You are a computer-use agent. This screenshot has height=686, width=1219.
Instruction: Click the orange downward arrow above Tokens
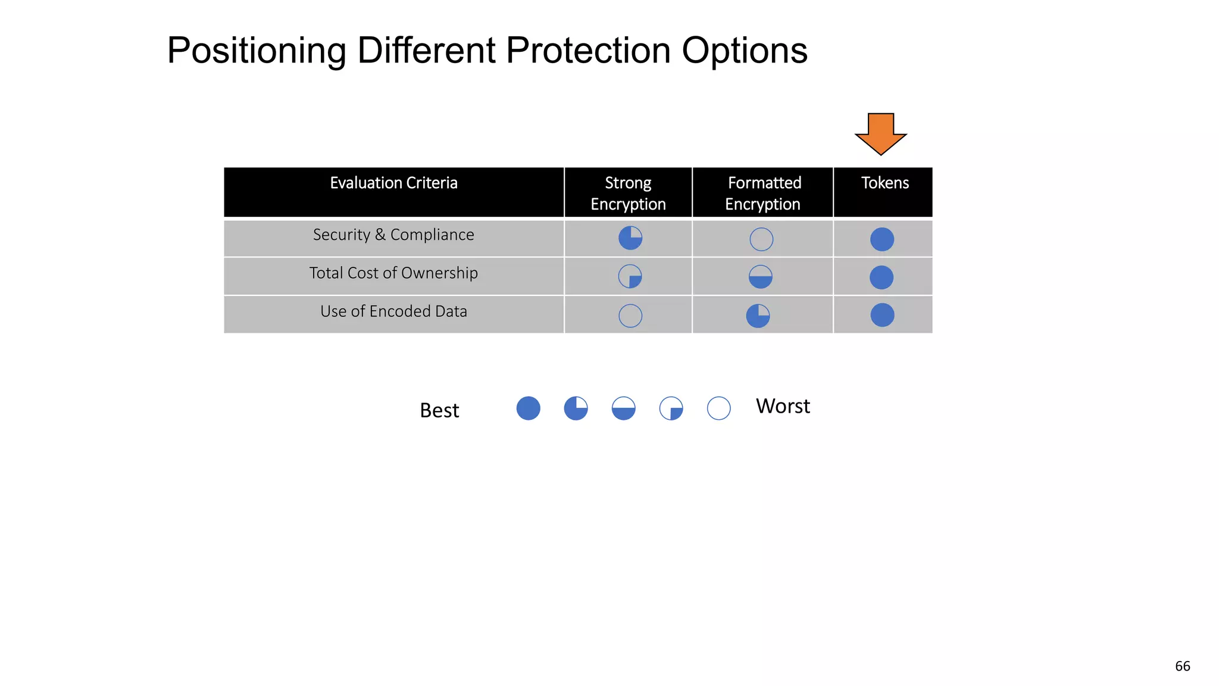pyautogui.click(x=880, y=132)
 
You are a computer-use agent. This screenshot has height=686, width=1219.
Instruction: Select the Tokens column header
pyautogui.click(x=884, y=183)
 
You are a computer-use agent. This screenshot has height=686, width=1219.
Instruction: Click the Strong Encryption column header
pyautogui.click(x=628, y=193)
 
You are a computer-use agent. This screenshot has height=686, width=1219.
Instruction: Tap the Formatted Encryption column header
pyautogui.click(x=764, y=193)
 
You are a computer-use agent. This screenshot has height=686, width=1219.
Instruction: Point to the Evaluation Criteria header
pyautogui.click(x=393, y=183)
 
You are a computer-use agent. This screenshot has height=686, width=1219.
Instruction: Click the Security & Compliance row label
pyautogui.click(x=393, y=235)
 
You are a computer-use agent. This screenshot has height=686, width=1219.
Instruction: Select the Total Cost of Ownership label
pyautogui.click(x=393, y=273)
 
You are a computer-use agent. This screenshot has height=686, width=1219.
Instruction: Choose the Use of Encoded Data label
pyautogui.click(x=393, y=311)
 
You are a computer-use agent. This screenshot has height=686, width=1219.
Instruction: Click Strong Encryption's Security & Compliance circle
pyautogui.click(x=630, y=238)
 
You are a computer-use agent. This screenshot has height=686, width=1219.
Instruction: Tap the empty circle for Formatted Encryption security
pyautogui.click(x=761, y=239)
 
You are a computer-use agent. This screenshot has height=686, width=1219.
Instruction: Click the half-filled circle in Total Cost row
pyautogui.click(x=760, y=277)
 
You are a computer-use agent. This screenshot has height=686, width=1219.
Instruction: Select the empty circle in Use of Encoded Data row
pyautogui.click(x=630, y=316)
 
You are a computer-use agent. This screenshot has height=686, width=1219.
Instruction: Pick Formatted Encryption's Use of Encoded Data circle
pyautogui.click(x=758, y=316)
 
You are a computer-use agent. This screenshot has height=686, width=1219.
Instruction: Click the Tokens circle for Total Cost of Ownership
pyautogui.click(x=882, y=277)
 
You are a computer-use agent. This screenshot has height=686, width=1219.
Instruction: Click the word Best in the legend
pyautogui.click(x=439, y=410)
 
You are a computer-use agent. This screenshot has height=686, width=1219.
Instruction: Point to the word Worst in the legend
pyautogui.click(x=783, y=406)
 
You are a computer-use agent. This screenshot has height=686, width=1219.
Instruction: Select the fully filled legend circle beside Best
pyautogui.click(x=528, y=408)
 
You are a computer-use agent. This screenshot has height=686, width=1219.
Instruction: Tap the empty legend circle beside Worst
pyautogui.click(x=718, y=408)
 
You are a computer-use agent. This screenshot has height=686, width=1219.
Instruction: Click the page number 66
pyautogui.click(x=1182, y=666)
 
